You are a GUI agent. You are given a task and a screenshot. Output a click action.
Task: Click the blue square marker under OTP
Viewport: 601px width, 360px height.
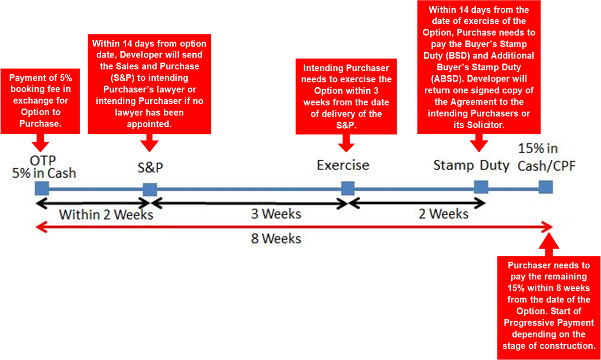pyautogui.click(x=42, y=188)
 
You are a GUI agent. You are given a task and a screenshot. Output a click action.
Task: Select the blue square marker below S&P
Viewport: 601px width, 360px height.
pyautogui.click(x=150, y=190)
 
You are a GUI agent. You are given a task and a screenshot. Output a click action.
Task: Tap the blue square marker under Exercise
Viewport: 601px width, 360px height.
pyautogui.click(x=348, y=188)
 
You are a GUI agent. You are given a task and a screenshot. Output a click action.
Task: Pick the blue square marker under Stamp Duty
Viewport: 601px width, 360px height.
pyautogui.click(x=481, y=187)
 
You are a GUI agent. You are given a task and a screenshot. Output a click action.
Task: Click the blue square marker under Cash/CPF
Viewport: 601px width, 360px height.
pyautogui.click(x=546, y=187)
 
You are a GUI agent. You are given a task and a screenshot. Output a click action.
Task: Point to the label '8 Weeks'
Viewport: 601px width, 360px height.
pyautogui.click(x=276, y=239)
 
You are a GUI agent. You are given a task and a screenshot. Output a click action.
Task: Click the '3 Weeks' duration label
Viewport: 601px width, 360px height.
pyautogui.click(x=276, y=214)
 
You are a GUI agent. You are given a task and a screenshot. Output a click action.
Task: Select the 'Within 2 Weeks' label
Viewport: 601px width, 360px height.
pyautogui.click(x=106, y=215)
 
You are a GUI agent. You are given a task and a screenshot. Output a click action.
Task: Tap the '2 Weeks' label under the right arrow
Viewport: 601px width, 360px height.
pyautogui.click(x=444, y=214)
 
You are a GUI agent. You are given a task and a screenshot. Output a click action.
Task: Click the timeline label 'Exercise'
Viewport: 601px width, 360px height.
pyautogui.click(x=343, y=165)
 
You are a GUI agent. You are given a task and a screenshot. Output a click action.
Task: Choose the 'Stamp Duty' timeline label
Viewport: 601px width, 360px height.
pyautogui.click(x=471, y=166)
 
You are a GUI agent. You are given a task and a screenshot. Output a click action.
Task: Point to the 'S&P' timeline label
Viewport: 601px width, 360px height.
pyautogui.click(x=150, y=167)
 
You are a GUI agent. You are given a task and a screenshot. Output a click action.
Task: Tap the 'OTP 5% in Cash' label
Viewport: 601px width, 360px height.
pyautogui.click(x=44, y=167)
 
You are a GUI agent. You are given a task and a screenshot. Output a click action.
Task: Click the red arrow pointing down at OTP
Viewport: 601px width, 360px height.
pyautogui.click(x=40, y=143)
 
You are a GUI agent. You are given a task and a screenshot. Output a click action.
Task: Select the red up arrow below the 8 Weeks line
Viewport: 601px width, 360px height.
pyautogui.click(x=549, y=244)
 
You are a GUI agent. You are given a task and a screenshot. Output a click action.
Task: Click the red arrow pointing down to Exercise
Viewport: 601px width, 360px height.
pyautogui.click(x=346, y=143)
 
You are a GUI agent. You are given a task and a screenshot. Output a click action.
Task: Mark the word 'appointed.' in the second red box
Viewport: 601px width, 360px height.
pyautogui.click(x=149, y=124)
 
